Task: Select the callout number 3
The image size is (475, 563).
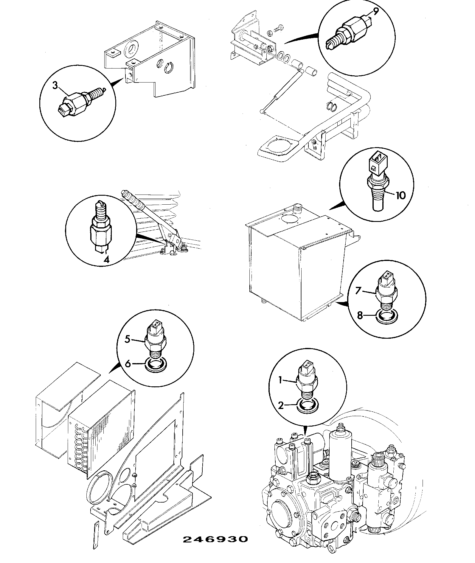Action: pyautogui.click(x=55, y=85)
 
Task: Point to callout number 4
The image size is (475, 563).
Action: pyautogui.click(x=106, y=259)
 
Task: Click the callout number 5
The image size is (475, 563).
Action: pyautogui.click(x=127, y=339)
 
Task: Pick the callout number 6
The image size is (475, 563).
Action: pyautogui.click(x=128, y=364)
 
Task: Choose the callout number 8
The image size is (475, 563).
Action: pyautogui.click(x=360, y=315)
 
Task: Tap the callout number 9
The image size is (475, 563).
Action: pyautogui.click(x=375, y=12)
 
